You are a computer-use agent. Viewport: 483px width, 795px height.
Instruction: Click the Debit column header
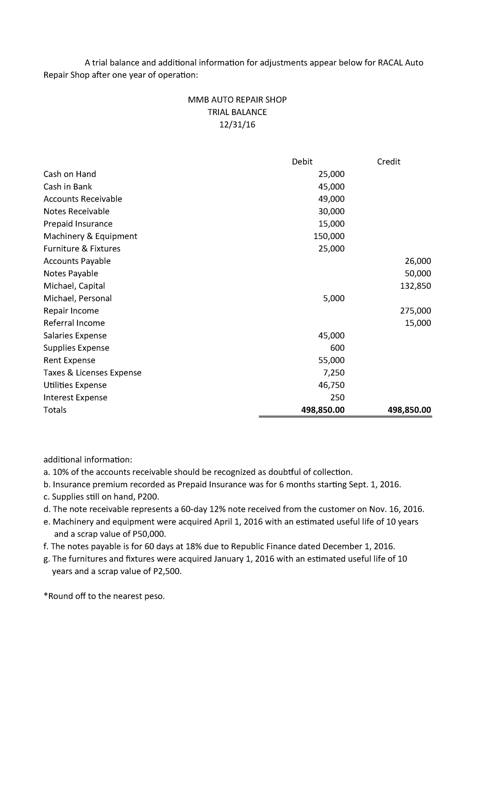(x=302, y=162)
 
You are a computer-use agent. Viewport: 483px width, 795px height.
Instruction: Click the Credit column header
(x=388, y=162)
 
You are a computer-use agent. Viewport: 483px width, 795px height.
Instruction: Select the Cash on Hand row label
(x=70, y=174)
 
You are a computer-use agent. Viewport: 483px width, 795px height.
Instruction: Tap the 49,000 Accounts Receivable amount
(x=331, y=199)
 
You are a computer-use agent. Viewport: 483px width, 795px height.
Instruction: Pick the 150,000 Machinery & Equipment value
(x=329, y=236)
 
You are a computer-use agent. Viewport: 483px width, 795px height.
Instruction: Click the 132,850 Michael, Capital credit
(x=415, y=286)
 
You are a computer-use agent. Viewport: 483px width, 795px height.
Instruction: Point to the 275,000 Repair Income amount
(x=415, y=311)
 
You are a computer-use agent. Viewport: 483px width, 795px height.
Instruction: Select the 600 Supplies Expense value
(x=337, y=348)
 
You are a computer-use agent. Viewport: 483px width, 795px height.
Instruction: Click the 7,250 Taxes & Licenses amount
(x=334, y=373)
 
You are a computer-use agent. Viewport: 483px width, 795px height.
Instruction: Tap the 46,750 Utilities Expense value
(x=331, y=385)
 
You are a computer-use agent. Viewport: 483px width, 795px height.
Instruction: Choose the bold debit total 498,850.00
(x=323, y=410)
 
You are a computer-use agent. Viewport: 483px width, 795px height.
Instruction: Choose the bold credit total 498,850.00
(x=409, y=410)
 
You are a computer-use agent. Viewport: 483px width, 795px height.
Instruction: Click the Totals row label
(x=55, y=410)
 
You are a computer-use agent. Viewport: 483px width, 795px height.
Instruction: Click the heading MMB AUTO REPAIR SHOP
(x=237, y=100)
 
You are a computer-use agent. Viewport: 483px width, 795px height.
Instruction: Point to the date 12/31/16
(x=237, y=125)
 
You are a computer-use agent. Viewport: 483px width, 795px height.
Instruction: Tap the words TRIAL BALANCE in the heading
(x=237, y=112)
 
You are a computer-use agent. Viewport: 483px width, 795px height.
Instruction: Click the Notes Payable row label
(x=70, y=274)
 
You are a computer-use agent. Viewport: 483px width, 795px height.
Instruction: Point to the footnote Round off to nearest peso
(x=104, y=596)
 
